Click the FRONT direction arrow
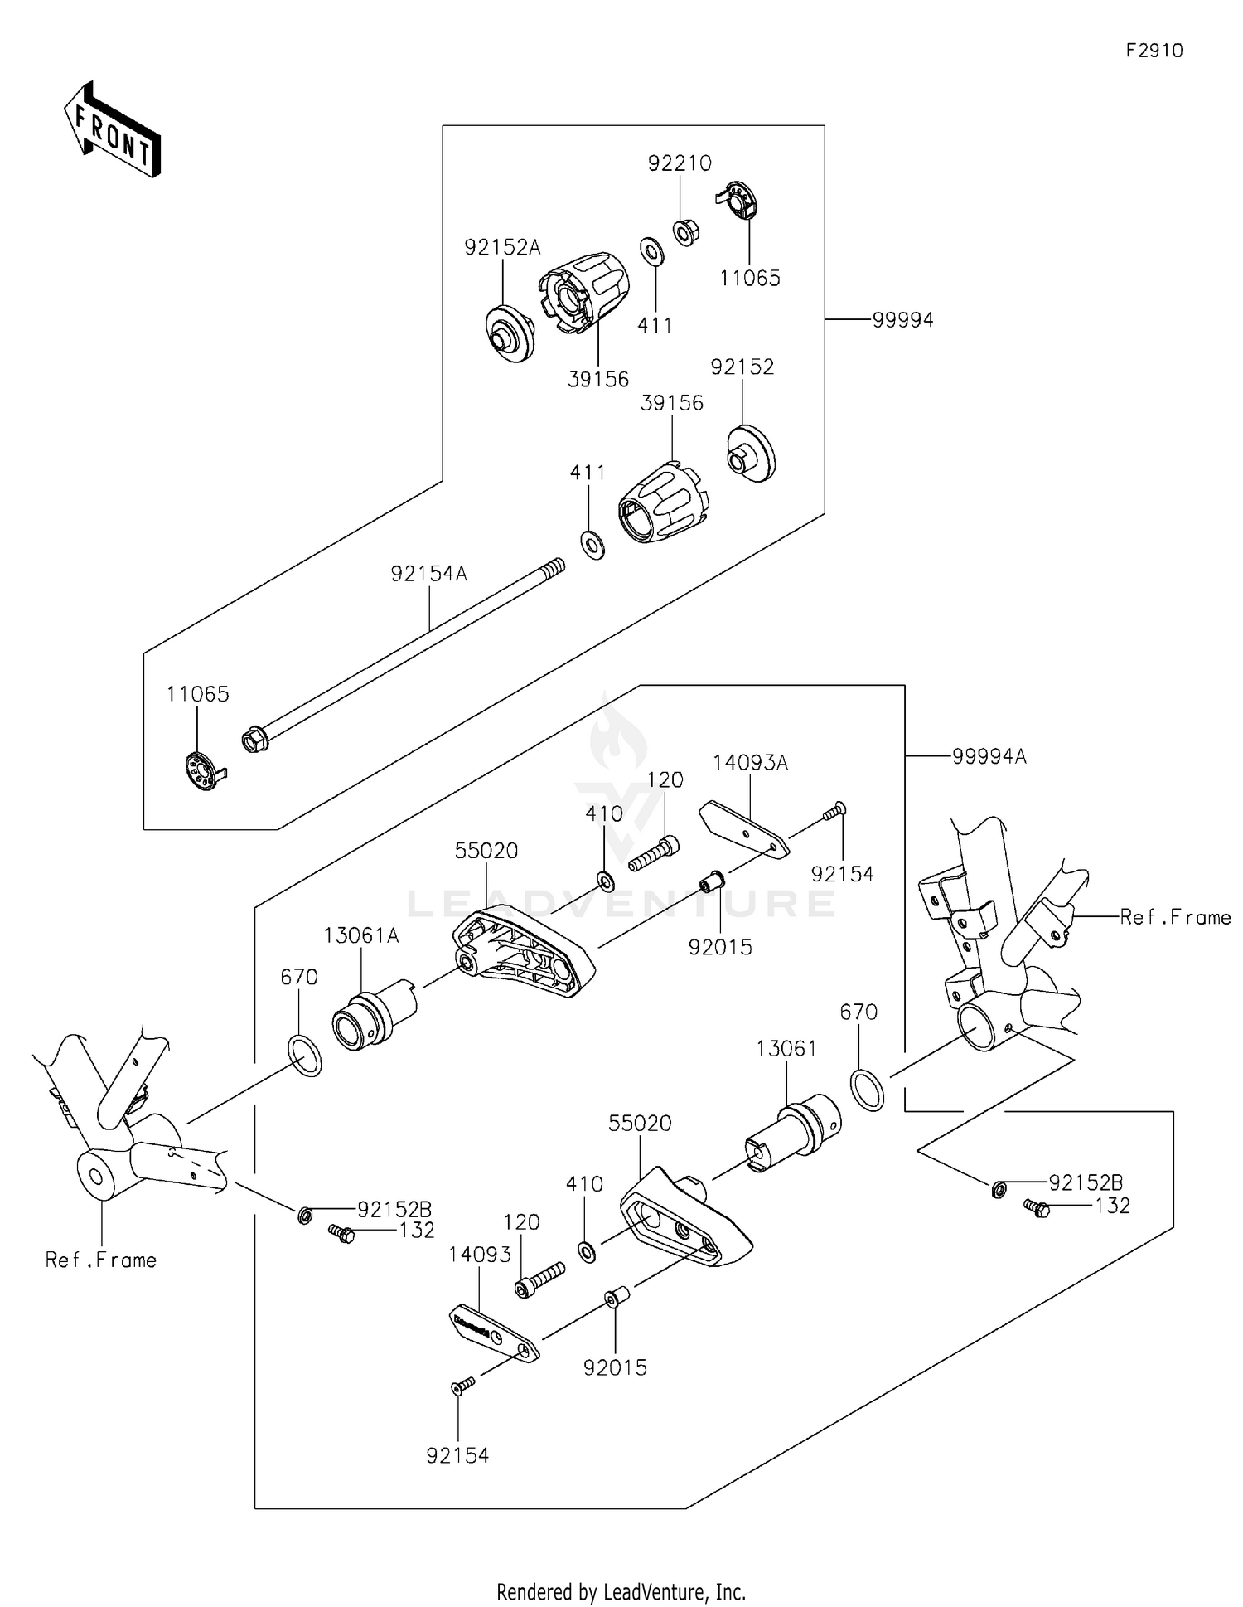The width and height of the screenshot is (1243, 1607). [x=113, y=129]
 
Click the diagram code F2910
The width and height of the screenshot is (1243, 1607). [x=1154, y=51]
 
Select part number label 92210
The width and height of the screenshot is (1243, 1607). [x=680, y=163]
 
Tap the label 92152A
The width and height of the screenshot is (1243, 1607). [x=502, y=247]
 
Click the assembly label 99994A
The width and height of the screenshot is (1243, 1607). [x=989, y=756]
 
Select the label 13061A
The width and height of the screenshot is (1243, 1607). [x=361, y=935]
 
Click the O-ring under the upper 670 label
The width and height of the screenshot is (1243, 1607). [x=305, y=1056]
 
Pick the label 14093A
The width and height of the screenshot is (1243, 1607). [x=751, y=763]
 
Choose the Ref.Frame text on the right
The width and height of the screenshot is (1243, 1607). [x=1175, y=917]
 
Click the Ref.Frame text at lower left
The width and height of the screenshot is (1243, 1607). [x=101, y=1260]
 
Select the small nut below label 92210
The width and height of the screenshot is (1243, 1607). [x=684, y=232]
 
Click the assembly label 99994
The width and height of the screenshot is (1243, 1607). [x=902, y=320]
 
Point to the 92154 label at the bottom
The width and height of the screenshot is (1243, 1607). [x=457, y=1455]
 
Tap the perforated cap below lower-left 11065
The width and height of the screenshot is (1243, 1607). [x=201, y=770]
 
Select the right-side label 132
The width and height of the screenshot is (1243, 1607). [x=1112, y=1206]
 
